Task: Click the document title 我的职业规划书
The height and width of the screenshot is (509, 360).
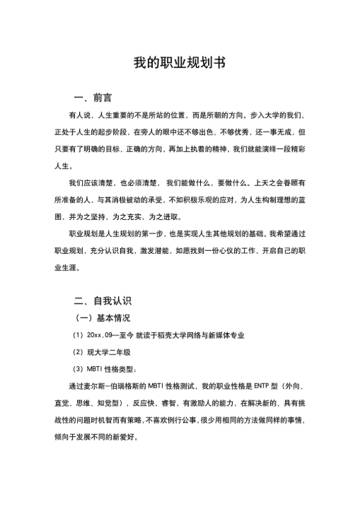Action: tap(180, 63)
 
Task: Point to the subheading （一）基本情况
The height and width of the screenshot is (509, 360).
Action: tap(104, 317)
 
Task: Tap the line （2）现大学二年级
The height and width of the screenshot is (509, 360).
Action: tap(101, 351)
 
